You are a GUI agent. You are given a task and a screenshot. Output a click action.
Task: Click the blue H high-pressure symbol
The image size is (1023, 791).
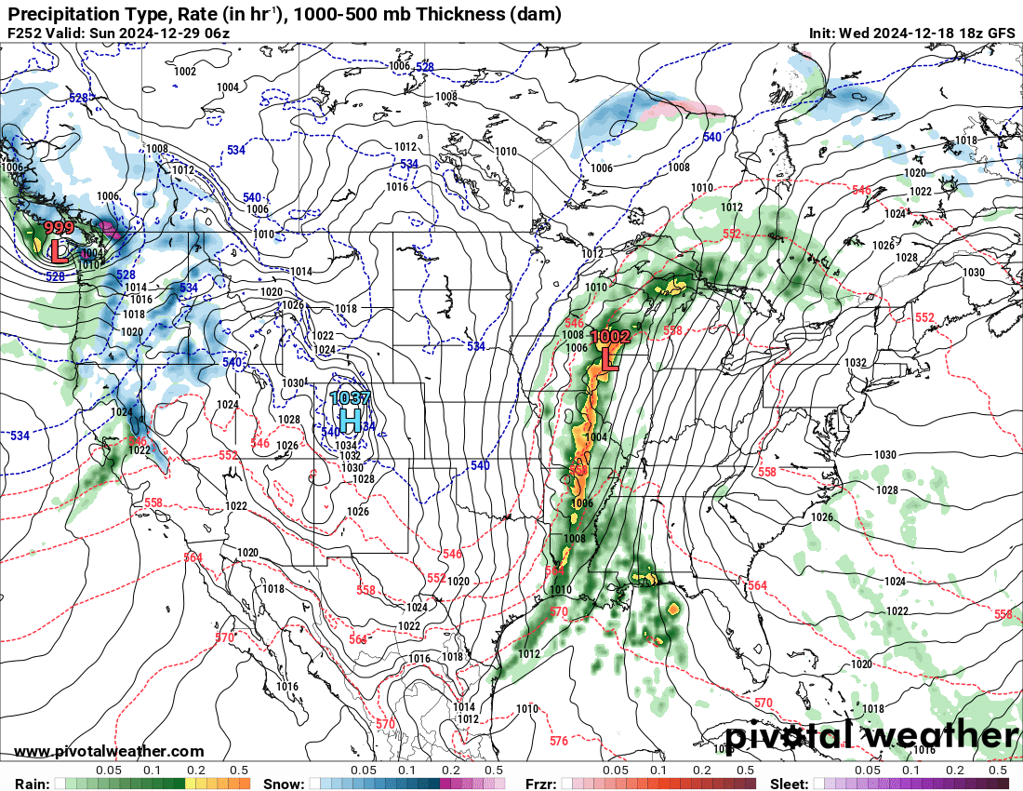coord(351,420)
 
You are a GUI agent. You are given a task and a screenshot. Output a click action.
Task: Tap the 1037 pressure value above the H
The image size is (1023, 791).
coord(351,398)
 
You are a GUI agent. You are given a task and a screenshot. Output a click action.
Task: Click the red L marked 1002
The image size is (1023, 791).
coord(610,358)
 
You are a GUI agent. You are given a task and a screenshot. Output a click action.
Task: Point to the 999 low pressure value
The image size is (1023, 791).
coord(59,229)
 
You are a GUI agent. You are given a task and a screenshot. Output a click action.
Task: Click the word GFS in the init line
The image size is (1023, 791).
coord(1001,34)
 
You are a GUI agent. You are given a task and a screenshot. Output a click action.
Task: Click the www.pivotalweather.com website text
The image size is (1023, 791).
coord(110,751)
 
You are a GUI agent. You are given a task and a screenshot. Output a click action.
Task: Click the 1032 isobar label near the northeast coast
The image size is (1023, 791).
coord(856,363)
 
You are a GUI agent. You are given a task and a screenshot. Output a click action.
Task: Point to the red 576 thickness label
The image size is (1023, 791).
coord(558,742)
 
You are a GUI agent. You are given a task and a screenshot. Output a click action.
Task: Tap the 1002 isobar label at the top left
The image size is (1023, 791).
coord(185,72)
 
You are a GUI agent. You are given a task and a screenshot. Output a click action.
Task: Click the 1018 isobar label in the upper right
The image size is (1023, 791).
coord(965,141)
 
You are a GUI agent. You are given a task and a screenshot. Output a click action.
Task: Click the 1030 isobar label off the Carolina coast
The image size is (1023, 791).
coord(884,454)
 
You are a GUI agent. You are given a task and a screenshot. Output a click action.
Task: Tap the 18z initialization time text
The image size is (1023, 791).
coord(967,34)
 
